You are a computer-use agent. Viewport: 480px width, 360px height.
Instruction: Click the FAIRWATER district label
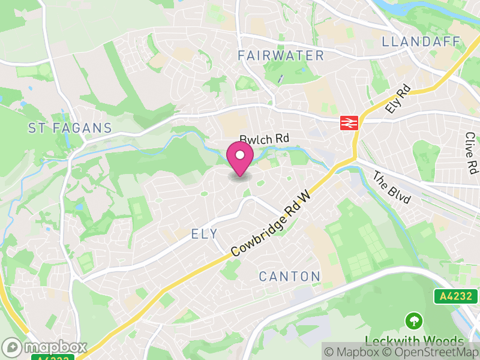(280, 56)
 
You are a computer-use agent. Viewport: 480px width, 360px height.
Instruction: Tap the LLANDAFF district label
(422, 41)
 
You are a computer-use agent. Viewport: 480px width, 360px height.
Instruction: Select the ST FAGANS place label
(70, 128)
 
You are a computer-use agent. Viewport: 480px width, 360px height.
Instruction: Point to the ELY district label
(203, 234)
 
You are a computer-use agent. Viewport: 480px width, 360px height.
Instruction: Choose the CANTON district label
(289, 277)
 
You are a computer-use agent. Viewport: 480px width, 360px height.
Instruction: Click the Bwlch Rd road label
(265, 139)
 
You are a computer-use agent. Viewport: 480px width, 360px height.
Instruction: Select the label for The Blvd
(391, 188)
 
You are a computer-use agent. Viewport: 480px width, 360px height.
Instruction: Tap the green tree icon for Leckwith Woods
(413, 320)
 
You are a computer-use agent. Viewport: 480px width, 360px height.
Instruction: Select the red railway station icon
(349, 123)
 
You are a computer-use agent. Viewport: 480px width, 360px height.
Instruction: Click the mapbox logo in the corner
(45, 347)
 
